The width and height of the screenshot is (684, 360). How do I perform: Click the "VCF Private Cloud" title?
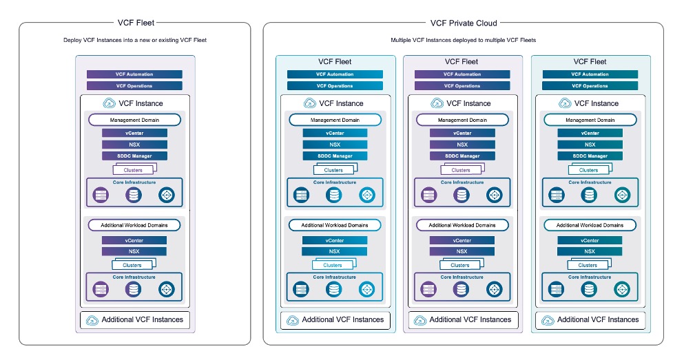point(463,23)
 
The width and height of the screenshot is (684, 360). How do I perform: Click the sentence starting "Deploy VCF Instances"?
point(134,41)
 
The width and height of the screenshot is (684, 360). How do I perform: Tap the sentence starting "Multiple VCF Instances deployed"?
point(463,41)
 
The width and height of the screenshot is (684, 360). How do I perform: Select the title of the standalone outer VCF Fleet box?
point(134,23)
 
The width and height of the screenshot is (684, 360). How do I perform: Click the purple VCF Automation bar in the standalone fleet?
point(134,74)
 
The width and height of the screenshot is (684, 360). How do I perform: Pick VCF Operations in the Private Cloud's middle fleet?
point(462,86)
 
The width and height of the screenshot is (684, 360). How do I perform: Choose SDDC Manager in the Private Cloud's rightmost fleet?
point(590,156)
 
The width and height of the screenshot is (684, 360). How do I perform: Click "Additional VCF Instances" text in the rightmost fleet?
point(598,319)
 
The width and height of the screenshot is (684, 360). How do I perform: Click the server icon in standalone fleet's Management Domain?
point(101,195)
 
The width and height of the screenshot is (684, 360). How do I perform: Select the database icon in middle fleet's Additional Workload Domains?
point(462,290)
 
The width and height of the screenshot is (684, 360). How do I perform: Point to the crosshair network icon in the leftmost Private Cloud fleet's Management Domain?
point(367,195)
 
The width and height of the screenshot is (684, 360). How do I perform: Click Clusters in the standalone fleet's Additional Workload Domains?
point(133,265)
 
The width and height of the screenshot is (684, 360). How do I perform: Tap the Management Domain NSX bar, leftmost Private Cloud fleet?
point(335,145)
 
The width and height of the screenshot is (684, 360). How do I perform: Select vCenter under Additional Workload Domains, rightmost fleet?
point(590,241)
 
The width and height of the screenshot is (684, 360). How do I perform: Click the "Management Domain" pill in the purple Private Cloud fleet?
point(462,120)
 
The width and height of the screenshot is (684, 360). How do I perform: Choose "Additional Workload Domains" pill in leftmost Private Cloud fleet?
point(335,225)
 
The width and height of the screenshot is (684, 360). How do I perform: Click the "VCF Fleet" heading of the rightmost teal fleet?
point(590,62)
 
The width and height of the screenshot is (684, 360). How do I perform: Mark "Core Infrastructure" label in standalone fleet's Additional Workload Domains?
point(134,277)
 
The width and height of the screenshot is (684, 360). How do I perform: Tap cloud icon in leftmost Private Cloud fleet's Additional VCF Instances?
point(292,320)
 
